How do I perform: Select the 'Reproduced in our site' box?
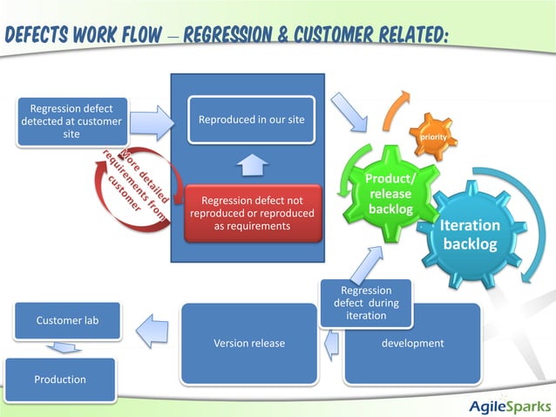coord(251,120)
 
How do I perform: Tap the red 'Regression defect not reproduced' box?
coord(251,212)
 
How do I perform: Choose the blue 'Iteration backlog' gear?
coord(470,233)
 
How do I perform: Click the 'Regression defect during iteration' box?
coord(365,303)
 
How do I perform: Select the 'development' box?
coord(412,343)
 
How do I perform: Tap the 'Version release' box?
coord(248,343)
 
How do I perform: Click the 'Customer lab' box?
coord(66,320)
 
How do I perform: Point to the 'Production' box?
coord(60,379)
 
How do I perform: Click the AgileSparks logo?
coord(509,406)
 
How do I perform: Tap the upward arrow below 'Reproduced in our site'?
coord(251,163)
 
